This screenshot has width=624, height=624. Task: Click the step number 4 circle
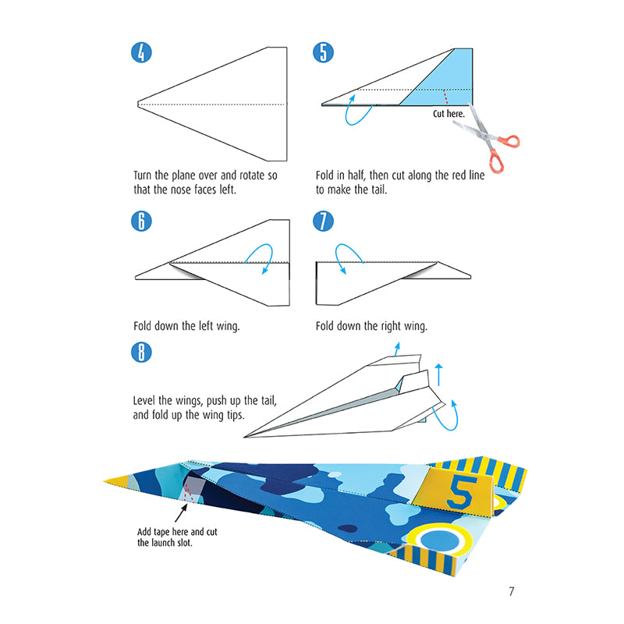(x=141, y=53)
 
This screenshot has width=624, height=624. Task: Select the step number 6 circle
(x=141, y=221)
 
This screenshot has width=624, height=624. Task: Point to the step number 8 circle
(x=141, y=352)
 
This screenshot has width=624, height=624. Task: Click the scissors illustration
(x=490, y=142)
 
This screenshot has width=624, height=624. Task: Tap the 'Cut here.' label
(x=449, y=114)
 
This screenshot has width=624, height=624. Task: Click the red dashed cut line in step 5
(x=444, y=96)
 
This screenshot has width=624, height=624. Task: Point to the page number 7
(x=511, y=590)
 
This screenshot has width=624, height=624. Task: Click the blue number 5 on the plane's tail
(x=459, y=489)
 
